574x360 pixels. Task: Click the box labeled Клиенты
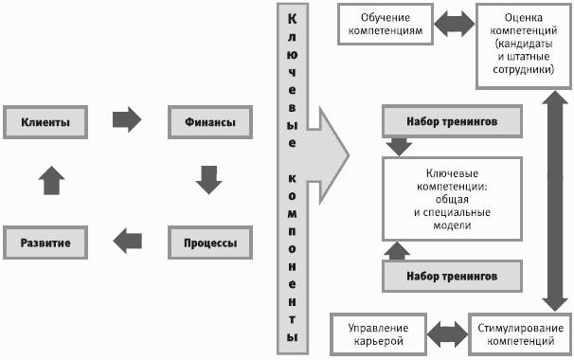45,122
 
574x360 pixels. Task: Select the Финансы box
210,122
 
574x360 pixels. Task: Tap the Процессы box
210,243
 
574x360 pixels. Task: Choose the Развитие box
45,243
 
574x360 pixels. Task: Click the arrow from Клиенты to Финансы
127,119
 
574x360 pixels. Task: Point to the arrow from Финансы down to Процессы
208,180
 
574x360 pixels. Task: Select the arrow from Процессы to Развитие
127,241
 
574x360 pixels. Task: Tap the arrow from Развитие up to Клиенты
51,180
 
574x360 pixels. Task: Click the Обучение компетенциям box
386,25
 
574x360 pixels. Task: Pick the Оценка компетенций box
524,46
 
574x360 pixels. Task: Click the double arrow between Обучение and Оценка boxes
455,24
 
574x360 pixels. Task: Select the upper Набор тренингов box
452,121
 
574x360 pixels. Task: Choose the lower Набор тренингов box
452,276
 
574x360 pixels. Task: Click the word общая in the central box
452,199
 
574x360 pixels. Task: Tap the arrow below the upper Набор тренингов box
399,147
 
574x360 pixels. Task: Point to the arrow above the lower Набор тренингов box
397,251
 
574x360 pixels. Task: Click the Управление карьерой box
379,334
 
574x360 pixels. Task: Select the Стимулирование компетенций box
520,334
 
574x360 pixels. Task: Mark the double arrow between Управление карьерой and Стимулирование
447,334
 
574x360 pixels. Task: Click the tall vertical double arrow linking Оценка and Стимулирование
555,201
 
